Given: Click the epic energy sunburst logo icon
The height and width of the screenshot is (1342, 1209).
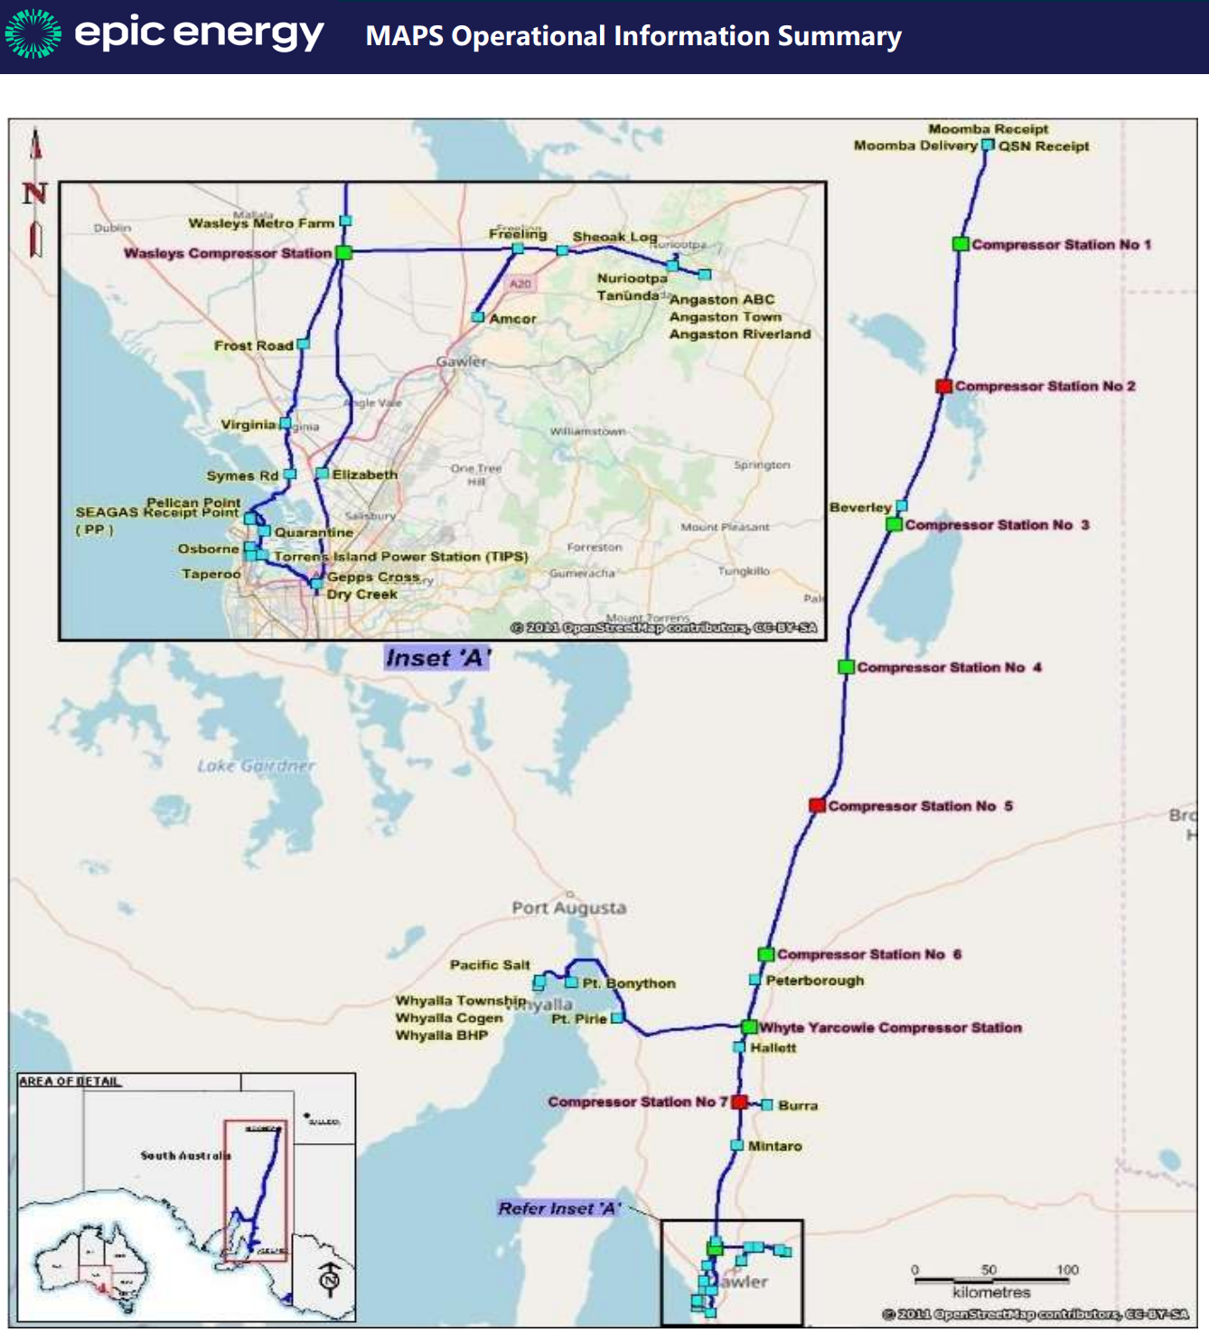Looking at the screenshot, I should pos(33,33).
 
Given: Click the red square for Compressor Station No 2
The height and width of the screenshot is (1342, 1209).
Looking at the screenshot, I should pos(943,386).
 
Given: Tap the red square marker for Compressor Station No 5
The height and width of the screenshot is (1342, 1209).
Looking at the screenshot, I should pos(817,805).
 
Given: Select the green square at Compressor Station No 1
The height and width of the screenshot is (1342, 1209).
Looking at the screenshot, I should pos(961,244).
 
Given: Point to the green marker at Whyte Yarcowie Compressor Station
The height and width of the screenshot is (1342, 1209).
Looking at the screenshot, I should pos(749,1027).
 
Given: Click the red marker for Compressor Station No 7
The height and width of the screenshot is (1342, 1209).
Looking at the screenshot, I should pos(739,1102).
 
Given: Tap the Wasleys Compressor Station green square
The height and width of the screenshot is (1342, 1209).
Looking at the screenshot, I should pos(343,253).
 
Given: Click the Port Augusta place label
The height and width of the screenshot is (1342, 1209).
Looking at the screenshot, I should pos(568,907).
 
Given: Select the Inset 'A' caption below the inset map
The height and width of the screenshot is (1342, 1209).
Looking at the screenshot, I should pos(437,658).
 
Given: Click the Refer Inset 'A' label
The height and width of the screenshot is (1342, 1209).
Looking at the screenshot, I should pos(559,1208).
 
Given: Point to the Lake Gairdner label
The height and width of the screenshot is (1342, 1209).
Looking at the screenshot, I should pos(256,765).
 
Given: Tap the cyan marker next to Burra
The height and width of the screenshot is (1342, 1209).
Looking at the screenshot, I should pos(766,1104).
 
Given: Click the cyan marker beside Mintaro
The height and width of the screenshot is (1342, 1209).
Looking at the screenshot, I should pos(736,1145).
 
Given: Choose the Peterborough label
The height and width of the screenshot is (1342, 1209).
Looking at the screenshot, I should pos(814,981).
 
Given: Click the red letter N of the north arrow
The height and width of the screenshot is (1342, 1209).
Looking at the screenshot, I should pos(35,192).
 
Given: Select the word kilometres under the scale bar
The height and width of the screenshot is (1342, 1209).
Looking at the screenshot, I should pos(991,1292).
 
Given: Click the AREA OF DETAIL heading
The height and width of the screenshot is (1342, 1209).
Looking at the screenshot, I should pos(70,1081).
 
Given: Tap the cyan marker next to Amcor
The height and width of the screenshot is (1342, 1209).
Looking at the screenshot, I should pos(478,317).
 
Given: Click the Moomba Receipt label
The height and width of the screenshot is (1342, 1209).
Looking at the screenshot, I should pos(988,129).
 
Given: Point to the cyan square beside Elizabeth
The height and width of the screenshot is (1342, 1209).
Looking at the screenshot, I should pos(322,474).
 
